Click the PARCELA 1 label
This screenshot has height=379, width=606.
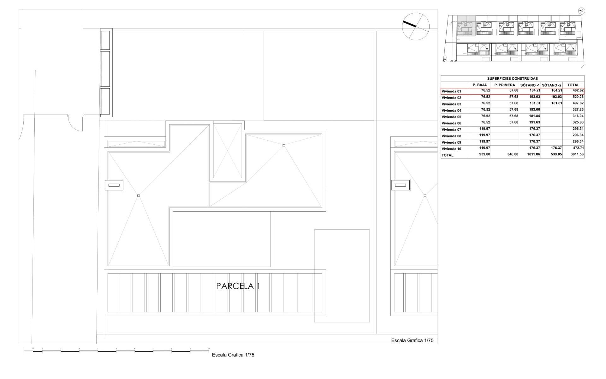[238, 286]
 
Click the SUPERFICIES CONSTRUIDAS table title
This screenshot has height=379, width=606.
[512, 79]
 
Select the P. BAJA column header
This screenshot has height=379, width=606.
[480, 85]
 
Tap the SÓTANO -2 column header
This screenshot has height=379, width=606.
[551, 85]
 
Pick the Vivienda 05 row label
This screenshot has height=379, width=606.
[451, 117]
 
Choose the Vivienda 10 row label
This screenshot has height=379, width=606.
[451, 149]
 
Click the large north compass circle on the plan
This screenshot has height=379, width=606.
[416, 26]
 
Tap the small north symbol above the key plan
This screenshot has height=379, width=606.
[581, 11]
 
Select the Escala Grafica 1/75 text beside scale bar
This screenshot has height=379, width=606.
[233, 355]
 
